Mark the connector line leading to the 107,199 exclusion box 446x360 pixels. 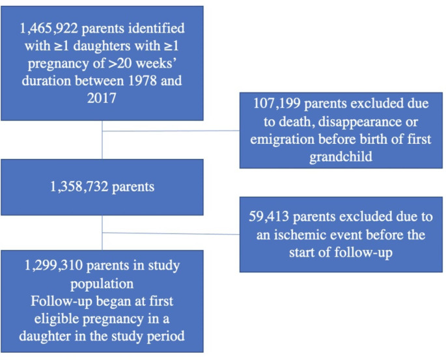(x=173, y=131)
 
